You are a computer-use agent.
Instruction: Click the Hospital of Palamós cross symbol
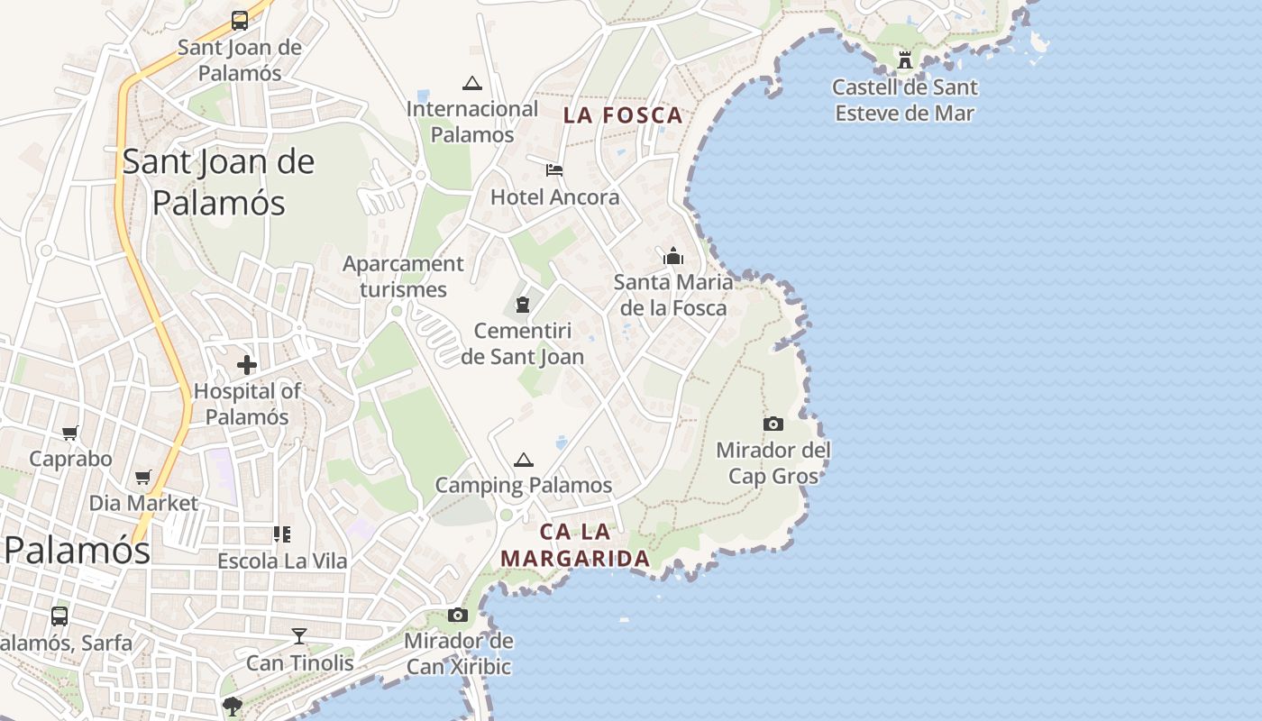[x=246, y=365]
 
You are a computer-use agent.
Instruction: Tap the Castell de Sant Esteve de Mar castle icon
[x=905, y=60]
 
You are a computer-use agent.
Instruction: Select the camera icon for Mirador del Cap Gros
[x=773, y=424]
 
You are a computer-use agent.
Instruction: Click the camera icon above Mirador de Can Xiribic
[x=458, y=615]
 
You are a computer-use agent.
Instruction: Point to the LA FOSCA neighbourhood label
[x=623, y=115]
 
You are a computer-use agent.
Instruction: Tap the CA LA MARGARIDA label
[x=575, y=545]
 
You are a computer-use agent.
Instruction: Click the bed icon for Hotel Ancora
[x=554, y=169]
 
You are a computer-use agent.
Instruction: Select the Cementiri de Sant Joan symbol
[x=522, y=306]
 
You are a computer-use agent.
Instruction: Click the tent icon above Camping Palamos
[x=524, y=460]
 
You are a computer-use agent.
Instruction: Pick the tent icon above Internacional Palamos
[x=471, y=84]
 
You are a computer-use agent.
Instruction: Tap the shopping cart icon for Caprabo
[x=70, y=433]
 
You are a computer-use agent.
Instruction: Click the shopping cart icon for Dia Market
[x=142, y=477]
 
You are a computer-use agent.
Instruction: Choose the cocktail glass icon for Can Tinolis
[x=299, y=636]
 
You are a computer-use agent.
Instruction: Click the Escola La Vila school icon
[x=282, y=534]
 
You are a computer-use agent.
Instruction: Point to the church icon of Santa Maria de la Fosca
[x=672, y=257]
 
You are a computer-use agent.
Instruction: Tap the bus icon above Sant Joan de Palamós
[x=240, y=20]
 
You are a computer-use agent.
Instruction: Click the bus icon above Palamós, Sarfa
[x=59, y=616]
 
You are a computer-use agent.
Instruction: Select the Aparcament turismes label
[x=403, y=276]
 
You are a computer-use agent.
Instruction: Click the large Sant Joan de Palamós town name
[x=218, y=182]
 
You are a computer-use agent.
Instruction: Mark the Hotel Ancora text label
[x=554, y=196]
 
